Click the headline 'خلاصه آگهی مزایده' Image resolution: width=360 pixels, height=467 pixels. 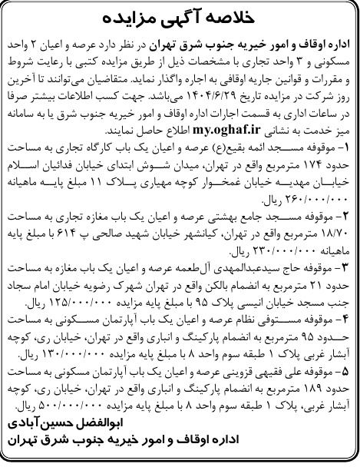[180, 15]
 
